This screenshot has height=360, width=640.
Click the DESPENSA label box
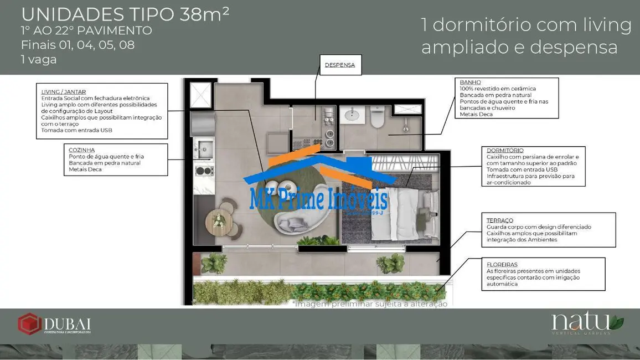[340, 65]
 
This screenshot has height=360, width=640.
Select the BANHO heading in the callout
[471, 83]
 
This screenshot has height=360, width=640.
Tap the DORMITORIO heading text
[505, 150]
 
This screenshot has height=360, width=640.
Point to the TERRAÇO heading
[500, 220]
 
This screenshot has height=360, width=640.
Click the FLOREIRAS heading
[502, 265]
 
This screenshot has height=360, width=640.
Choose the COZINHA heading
[81, 150]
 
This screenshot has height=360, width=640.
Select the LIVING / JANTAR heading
[64, 91]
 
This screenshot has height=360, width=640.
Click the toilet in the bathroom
[377, 118]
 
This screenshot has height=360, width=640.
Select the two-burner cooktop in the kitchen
[204, 171]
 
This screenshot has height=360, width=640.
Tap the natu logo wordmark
[581, 321]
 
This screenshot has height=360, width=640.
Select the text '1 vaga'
[39, 59]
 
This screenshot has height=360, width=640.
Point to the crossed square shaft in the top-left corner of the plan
[200, 95]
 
